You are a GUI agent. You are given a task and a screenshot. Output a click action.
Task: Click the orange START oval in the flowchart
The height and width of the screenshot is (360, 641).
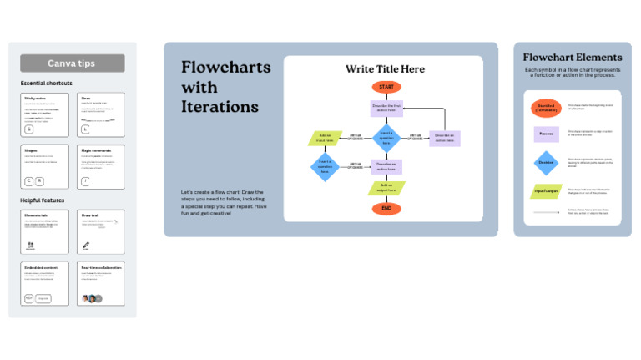click(x=386, y=87)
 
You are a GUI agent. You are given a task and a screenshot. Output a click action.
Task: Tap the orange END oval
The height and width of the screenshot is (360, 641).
click(x=386, y=208)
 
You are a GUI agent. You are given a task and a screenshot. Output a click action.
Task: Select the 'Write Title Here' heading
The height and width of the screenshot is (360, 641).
click(x=385, y=69)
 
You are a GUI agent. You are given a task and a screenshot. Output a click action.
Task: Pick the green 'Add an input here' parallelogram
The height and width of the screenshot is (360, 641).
click(x=326, y=137)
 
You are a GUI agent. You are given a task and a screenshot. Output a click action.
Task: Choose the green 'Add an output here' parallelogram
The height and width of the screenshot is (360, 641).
click(x=386, y=187)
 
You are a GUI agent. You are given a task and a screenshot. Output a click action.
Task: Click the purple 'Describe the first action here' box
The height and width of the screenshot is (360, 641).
click(x=386, y=108)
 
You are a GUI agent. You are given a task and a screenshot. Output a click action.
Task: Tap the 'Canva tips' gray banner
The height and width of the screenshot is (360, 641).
click(x=73, y=63)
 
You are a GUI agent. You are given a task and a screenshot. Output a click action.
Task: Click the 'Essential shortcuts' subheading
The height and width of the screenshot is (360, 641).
click(x=48, y=84)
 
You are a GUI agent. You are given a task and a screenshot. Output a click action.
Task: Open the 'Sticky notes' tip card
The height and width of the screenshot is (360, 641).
click(x=50, y=114)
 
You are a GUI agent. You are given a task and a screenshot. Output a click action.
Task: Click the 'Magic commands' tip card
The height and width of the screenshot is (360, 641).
click(x=103, y=166)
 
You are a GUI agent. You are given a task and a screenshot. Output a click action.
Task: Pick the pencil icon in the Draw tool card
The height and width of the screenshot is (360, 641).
click(x=87, y=246)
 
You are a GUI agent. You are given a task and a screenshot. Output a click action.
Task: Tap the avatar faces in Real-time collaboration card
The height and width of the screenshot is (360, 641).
click(x=92, y=298)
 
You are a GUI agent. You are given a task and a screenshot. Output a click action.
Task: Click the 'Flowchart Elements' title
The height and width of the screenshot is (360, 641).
click(x=572, y=57)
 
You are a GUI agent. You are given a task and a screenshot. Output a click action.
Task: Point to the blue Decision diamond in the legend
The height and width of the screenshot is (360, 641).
click(x=546, y=162)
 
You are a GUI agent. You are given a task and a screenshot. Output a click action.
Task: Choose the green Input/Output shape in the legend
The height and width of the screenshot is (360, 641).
click(x=546, y=191)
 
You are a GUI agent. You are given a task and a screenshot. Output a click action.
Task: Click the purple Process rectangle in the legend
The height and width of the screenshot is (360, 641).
click(x=546, y=134)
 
